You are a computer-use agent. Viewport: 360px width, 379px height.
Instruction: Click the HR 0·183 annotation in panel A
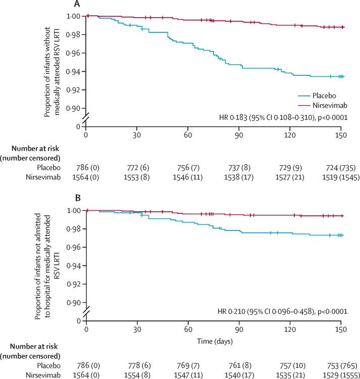click(x=285, y=118)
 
